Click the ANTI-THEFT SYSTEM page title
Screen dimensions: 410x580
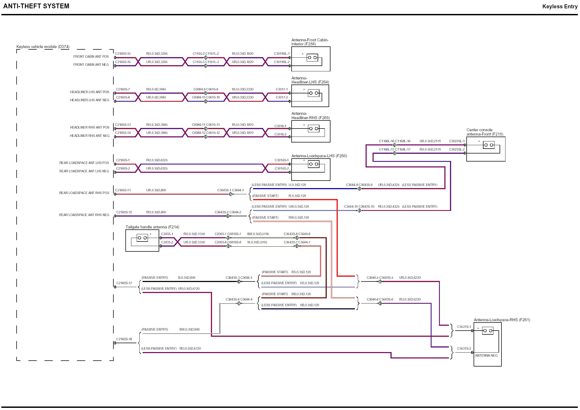[x=36, y=6]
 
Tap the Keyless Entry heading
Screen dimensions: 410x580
[x=560, y=6]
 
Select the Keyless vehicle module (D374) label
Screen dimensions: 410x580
[x=43, y=47]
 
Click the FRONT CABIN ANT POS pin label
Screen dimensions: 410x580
[x=91, y=57]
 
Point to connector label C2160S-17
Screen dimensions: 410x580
[x=124, y=283]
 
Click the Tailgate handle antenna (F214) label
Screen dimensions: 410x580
[x=152, y=227]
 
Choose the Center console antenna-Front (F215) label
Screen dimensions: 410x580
[x=485, y=132]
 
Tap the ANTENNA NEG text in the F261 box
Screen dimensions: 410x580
[x=486, y=356]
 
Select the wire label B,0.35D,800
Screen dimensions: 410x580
[x=187, y=278]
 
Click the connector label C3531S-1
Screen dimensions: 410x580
[x=464, y=327]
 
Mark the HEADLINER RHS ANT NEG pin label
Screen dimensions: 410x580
[x=90, y=136]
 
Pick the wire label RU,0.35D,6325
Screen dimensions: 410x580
[x=157, y=160]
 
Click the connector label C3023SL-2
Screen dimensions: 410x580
[x=457, y=149]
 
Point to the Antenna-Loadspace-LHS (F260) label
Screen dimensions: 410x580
[x=319, y=156]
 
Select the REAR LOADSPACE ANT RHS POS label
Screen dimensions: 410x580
[x=84, y=193]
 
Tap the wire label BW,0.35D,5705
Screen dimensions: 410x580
[x=258, y=234]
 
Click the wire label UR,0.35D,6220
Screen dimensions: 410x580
[x=410, y=278]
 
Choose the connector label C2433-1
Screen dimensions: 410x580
[x=167, y=234]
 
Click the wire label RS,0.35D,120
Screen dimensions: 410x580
[x=301, y=272]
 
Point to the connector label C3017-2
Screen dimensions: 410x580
[x=282, y=97]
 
